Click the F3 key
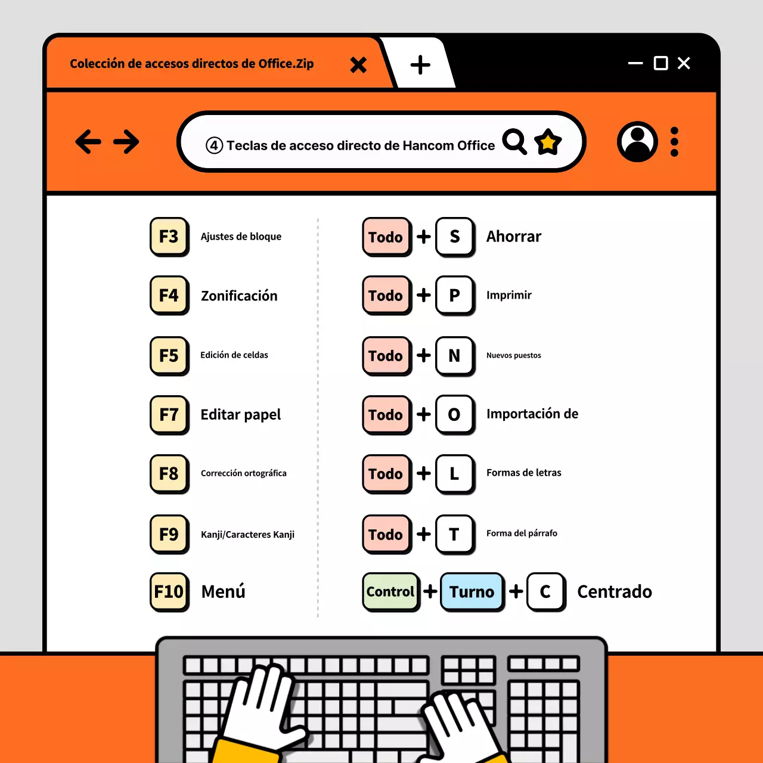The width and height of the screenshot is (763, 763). [169, 237]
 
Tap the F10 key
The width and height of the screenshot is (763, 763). [169, 591]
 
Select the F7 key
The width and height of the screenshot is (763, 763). [169, 414]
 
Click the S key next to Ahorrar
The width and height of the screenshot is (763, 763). [455, 237]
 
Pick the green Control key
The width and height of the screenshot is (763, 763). [390, 591]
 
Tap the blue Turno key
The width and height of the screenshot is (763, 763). [472, 591]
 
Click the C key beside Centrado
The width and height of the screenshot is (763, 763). [545, 591]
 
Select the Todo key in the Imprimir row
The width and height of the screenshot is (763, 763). [386, 295]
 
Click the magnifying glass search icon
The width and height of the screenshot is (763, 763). [514, 141]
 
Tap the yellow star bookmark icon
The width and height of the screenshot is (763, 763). [548, 142]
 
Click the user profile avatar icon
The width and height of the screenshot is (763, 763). [637, 142]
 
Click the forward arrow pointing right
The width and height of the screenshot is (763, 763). [126, 142]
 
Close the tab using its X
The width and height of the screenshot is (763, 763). [358, 64]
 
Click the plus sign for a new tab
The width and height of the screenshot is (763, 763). [420, 64]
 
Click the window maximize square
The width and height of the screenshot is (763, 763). [660, 63]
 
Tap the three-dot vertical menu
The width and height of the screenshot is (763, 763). [674, 142]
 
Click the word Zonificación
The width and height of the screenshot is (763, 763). [239, 296]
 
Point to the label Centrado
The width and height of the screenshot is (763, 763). [614, 591]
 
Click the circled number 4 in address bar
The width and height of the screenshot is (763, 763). [214, 145]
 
